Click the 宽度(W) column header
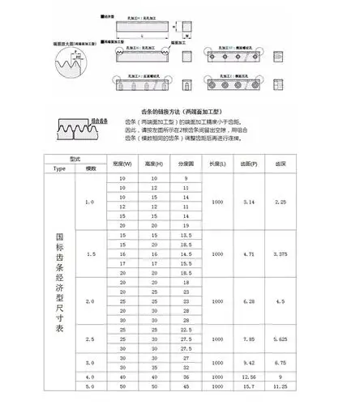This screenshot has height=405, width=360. point(123,164)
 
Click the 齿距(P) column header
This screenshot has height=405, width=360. point(251,164)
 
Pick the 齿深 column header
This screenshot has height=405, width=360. point(281,164)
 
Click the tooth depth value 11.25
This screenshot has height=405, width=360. point(281,386)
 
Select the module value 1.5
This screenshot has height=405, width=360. point(92,254)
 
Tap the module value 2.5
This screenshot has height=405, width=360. point(92,339)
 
